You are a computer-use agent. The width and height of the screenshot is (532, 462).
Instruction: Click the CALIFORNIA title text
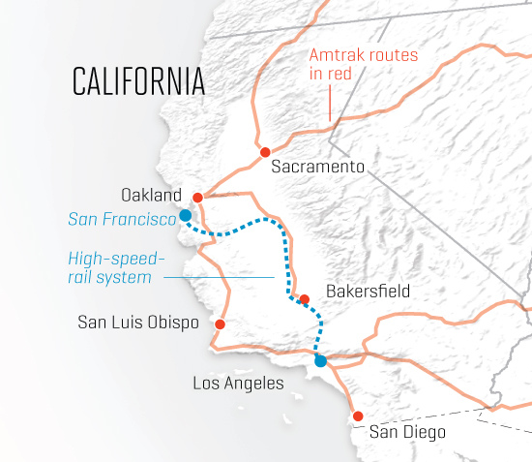click(138, 82)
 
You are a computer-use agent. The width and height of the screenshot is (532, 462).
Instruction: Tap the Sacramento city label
click(317, 167)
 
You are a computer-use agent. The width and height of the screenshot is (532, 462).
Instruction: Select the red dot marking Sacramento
click(264, 152)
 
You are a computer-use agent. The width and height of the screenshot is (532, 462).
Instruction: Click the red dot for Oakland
click(197, 197)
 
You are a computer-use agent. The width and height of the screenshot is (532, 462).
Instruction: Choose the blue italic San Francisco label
click(122, 219)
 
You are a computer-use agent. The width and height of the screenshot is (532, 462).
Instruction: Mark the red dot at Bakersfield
click(304, 299)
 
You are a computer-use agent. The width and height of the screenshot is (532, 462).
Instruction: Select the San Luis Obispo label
click(137, 322)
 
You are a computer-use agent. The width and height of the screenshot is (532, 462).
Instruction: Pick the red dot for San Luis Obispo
click(221, 324)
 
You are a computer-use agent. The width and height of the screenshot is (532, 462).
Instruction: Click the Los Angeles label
click(238, 384)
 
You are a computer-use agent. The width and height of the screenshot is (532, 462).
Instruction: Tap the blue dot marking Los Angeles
click(321, 360)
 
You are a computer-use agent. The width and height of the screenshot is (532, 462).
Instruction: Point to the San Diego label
click(408, 433)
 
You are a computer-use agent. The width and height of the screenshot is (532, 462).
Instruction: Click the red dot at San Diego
click(358, 416)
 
